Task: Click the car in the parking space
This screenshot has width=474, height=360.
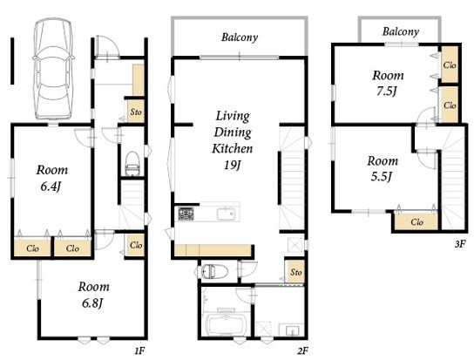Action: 53,68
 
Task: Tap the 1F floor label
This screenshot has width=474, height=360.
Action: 139,351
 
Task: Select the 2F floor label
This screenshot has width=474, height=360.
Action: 302,351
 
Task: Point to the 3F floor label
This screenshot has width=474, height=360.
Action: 459,244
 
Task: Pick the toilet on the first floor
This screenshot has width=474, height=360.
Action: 132,164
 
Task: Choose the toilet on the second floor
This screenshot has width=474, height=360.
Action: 213,271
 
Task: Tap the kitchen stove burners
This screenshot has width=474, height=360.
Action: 186,214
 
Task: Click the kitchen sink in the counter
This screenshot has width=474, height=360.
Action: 227,214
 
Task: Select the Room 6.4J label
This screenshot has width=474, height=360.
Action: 51,179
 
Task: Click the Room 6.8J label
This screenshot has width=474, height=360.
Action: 93,295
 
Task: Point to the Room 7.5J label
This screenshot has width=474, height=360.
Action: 388,83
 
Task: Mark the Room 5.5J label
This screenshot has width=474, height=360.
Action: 383,169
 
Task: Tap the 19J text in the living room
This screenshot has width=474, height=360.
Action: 232,165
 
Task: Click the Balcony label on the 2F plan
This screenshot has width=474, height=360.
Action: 240,37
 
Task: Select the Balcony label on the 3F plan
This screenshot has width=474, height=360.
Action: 401,31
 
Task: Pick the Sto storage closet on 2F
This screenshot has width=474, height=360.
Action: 295,271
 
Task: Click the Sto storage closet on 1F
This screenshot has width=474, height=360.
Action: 136,112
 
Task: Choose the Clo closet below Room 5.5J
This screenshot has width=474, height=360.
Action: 416,222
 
